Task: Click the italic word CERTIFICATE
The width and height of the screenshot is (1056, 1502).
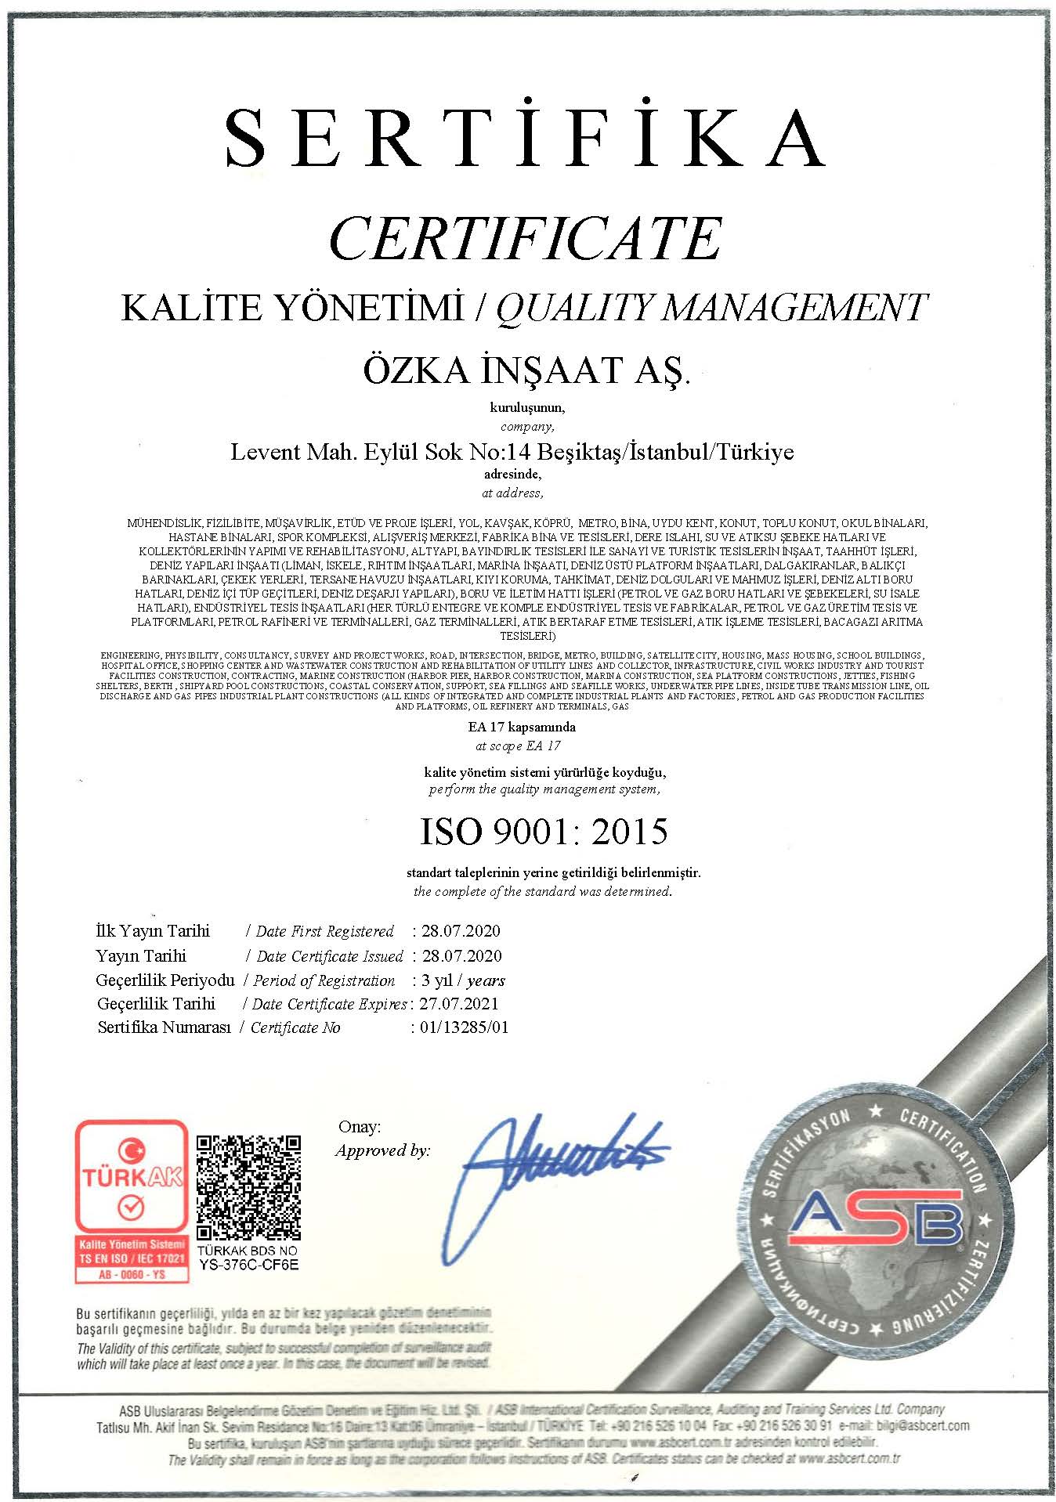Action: point(525,238)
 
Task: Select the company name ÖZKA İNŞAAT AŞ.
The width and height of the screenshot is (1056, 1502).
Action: point(526,370)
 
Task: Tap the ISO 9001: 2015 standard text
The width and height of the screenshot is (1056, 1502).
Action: point(544,832)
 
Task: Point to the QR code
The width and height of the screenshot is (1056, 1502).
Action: point(248,1186)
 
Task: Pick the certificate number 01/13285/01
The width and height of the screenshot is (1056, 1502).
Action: point(464,1027)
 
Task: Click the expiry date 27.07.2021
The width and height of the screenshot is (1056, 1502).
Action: point(459,1004)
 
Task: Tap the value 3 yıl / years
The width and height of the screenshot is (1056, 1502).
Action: point(463,980)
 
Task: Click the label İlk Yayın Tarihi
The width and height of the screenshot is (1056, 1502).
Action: point(153,931)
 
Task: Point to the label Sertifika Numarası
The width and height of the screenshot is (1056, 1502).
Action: point(164,1027)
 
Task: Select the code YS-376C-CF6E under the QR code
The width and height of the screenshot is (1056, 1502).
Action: point(248,1264)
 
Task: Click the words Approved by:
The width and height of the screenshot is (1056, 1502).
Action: point(382,1150)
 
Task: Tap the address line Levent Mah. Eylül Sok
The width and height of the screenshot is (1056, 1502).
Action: point(512,452)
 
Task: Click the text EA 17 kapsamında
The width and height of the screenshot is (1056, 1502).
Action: point(522,727)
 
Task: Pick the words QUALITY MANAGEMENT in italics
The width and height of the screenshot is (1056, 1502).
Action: point(711,307)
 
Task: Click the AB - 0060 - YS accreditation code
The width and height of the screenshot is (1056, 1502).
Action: point(132,1274)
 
